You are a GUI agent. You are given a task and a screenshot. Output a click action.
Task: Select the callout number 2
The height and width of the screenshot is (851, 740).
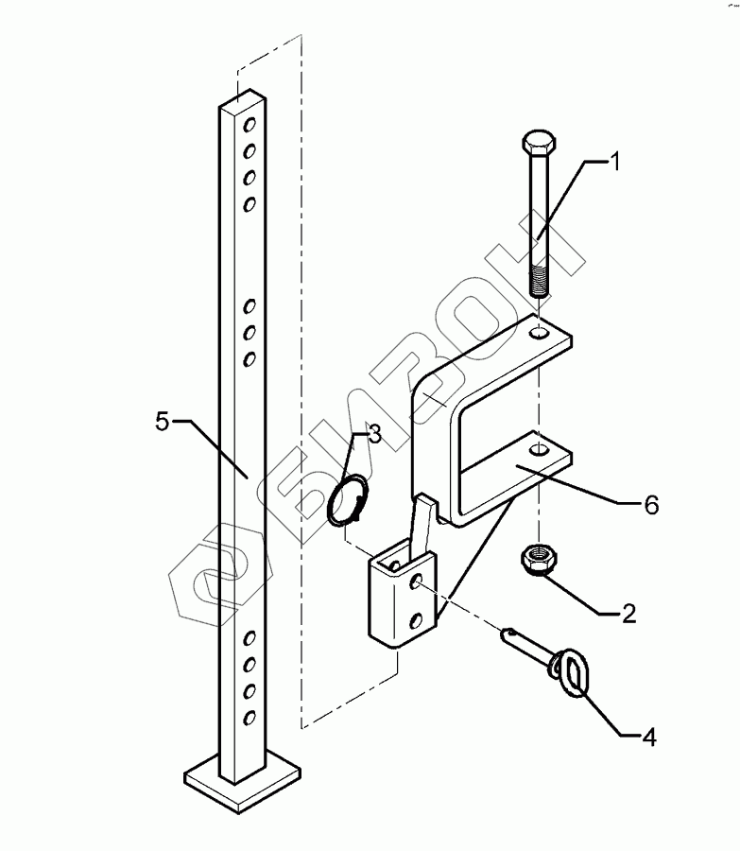click(x=628, y=613)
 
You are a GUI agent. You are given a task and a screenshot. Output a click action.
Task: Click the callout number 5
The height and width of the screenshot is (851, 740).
click(x=163, y=422)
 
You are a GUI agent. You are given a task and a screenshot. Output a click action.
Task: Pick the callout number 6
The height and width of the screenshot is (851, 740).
click(x=650, y=504)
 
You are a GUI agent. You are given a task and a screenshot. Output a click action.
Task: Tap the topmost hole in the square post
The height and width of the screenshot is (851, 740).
click(x=250, y=124)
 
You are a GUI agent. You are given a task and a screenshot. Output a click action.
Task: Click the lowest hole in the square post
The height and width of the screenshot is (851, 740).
click(x=250, y=718)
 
